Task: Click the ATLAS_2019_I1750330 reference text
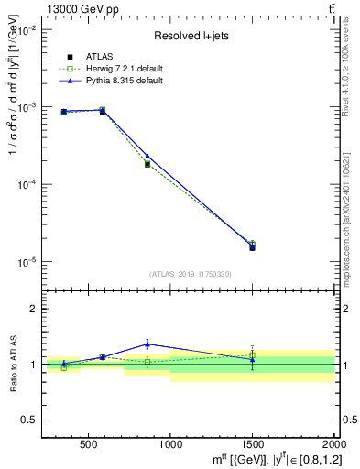[x=190, y=273]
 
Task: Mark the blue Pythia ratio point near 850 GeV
[x=147, y=344]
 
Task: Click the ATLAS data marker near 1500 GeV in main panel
[x=252, y=247]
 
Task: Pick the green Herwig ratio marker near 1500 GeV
[x=252, y=354]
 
